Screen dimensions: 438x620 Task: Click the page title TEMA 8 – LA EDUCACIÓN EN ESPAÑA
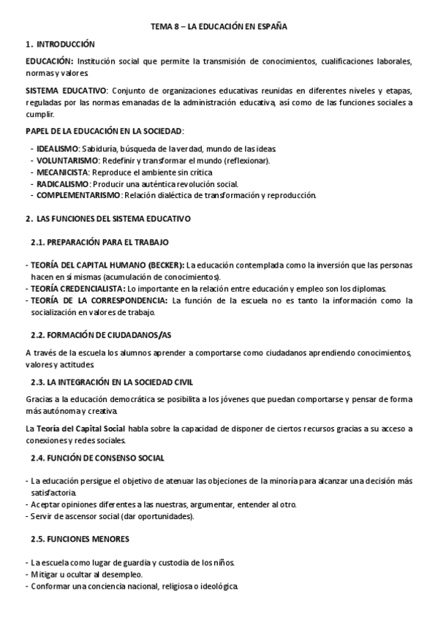pos(219,26)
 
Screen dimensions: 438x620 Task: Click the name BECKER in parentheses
pos(165,265)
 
